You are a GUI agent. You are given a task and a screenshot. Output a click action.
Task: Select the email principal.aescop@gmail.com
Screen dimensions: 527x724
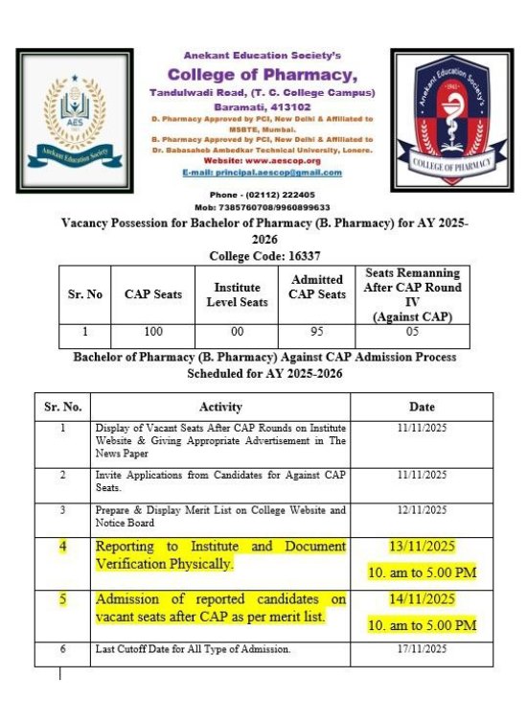point(262,173)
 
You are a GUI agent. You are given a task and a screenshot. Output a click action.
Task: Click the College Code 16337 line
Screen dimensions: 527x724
point(263,255)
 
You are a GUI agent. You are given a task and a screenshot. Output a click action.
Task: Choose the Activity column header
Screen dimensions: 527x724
point(220,407)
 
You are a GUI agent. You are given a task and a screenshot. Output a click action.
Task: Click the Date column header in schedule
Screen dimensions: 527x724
point(422,407)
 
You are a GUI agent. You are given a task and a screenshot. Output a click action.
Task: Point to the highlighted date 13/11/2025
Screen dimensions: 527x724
point(423,547)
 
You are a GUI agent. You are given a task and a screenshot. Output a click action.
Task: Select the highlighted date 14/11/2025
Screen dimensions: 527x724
point(423,599)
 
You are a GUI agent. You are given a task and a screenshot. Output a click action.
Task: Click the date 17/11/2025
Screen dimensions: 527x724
point(423,649)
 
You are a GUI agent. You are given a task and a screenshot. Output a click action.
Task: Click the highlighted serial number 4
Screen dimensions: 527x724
point(63,547)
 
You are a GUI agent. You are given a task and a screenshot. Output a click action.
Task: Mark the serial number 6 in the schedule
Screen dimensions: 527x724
point(63,649)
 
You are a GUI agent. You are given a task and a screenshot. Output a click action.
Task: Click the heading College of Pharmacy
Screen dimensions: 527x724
point(263,75)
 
